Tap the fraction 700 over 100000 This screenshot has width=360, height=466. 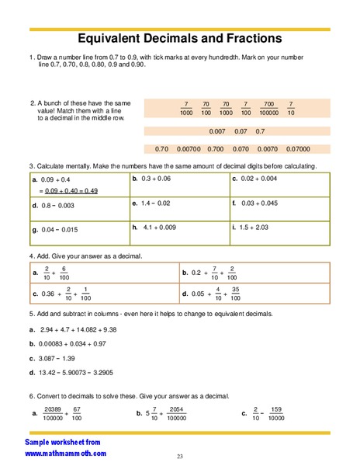268,108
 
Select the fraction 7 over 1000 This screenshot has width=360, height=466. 185,108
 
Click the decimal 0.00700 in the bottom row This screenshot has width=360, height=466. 189,148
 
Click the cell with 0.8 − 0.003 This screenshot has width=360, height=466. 57,205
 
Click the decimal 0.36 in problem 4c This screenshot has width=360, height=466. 49,294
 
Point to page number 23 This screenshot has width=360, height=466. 180,456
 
